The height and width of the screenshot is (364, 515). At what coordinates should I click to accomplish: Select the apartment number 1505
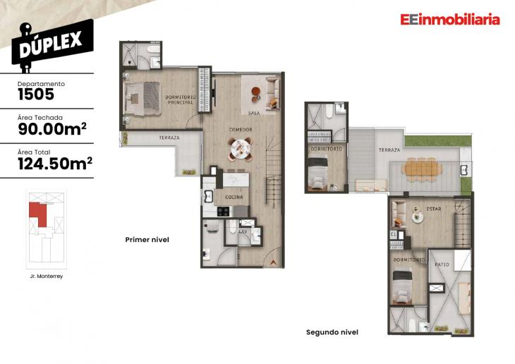tap(35, 93)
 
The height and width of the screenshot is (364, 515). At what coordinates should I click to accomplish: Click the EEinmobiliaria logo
tap(449, 20)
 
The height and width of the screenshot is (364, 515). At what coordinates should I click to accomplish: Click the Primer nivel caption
tap(147, 240)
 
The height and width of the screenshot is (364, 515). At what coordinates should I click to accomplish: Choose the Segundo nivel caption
tap(332, 332)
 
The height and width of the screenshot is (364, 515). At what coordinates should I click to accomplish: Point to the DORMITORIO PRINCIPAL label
tap(181, 99)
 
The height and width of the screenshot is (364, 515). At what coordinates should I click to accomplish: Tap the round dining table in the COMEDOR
tap(240, 147)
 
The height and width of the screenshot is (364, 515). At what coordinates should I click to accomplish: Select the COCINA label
tap(234, 197)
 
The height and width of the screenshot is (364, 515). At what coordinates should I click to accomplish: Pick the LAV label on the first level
tap(243, 231)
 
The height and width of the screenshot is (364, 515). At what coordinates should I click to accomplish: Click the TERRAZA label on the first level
tap(169, 138)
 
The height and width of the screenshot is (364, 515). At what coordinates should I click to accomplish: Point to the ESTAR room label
tap(434, 210)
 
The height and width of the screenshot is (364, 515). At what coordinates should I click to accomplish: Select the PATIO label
tap(442, 265)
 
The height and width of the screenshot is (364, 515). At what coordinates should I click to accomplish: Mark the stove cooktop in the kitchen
tap(223, 211)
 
